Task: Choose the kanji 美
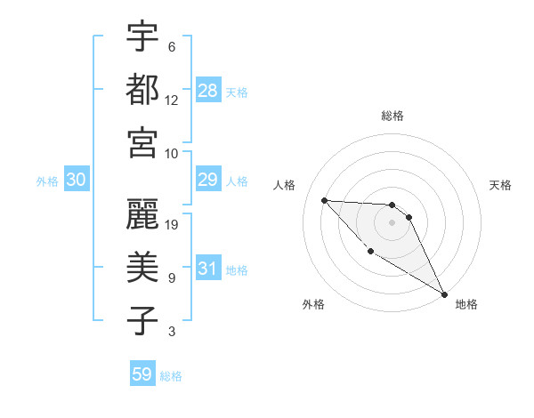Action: click(x=142, y=267)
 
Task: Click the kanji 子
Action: click(x=142, y=320)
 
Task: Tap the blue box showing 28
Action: click(x=208, y=91)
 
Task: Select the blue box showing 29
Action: click(x=207, y=181)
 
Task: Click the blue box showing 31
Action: click(x=207, y=269)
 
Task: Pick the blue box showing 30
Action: click(x=77, y=181)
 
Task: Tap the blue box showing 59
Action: click(x=142, y=374)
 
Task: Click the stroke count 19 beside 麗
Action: click(x=173, y=224)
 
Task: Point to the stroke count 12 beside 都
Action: click(x=173, y=100)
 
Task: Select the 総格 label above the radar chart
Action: click(x=392, y=116)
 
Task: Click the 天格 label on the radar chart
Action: click(x=501, y=185)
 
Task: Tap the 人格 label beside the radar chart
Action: click(x=285, y=185)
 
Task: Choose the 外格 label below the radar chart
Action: click(x=313, y=304)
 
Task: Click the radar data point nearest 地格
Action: click(x=444, y=294)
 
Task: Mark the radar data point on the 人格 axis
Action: click(x=324, y=200)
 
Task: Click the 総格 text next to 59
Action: click(x=171, y=376)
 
